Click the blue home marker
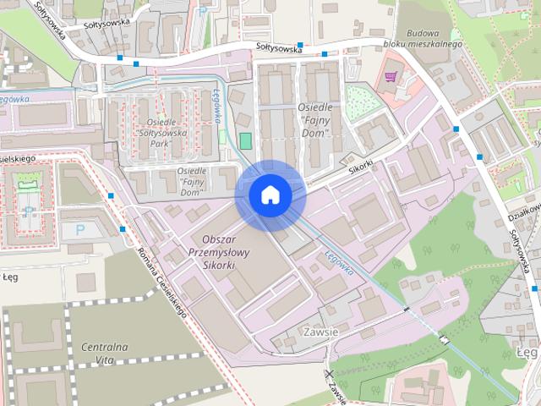[x=270, y=195]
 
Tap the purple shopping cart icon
[x=390, y=77]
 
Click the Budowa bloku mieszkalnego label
[x=434, y=38]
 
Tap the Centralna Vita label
[x=105, y=354]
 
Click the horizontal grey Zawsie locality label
[x=319, y=332]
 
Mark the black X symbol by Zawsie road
[x=329, y=374]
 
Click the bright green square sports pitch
[x=245, y=140]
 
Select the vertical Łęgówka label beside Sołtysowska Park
[x=216, y=105]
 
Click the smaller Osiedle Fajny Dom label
[x=194, y=182]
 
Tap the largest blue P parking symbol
[x=80, y=229]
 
